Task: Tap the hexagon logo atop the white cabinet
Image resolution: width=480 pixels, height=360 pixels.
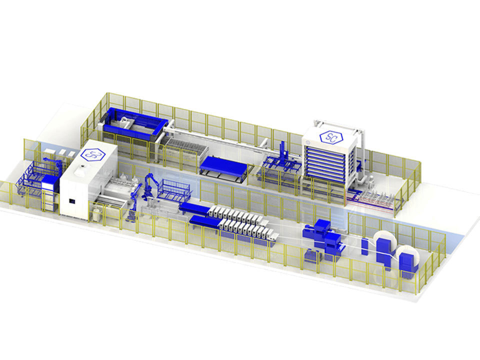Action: (93, 155)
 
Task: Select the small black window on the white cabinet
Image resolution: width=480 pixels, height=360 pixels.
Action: (72, 201)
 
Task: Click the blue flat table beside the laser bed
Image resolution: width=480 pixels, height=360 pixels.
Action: (223, 165)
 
